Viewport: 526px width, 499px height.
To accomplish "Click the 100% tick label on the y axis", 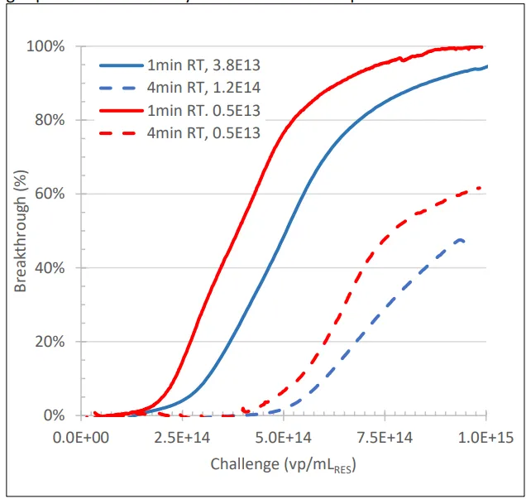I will point(46,46).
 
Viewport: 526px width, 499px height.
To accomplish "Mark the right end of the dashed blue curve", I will point(464,242).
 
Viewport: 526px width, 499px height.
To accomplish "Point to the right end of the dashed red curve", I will point(481,188).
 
